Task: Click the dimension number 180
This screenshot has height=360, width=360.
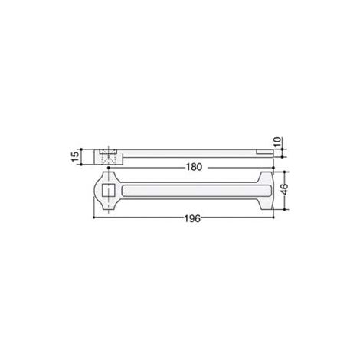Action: pyautogui.click(x=194, y=167)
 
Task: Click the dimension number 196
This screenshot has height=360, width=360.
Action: pyautogui.click(x=192, y=218)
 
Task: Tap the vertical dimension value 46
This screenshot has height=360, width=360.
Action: pyautogui.click(x=284, y=188)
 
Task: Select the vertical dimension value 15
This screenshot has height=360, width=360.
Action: pyautogui.click(x=76, y=156)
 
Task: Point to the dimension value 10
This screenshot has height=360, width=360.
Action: pyautogui.click(x=278, y=142)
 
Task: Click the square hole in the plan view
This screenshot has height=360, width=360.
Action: pyautogui.click(x=109, y=191)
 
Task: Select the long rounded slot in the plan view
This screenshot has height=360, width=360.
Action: pyautogui.click(x=197, y=191)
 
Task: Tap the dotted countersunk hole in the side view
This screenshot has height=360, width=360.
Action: pyautogui.click(x=109, y=156)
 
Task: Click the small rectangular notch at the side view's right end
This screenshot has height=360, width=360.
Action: pyautogui.click(x=264, y=152)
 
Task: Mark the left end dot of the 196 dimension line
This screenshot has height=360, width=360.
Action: pyautogui.click(x=94, y=218)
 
